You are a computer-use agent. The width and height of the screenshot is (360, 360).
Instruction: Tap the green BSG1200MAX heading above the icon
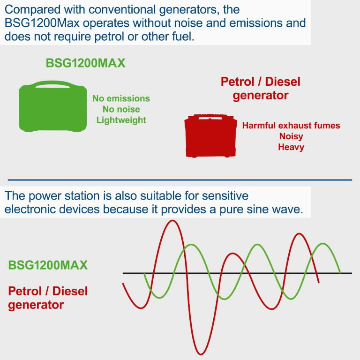[86, 63]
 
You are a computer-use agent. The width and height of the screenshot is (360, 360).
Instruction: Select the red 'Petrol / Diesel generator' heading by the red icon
[260, 89]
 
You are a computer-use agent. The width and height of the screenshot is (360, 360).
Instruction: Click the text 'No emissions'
[121, 98]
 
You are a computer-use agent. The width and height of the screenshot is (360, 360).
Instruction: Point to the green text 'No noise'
[121, 109]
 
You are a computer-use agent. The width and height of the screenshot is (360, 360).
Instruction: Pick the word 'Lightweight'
[121, 120]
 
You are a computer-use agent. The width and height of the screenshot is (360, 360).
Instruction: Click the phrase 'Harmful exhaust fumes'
[291, 126]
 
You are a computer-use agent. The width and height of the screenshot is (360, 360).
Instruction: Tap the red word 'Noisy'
[291, 136]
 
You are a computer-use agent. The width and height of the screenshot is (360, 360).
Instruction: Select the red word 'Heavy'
[291, 147]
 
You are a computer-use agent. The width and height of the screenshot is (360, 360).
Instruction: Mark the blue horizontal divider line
[180, 180]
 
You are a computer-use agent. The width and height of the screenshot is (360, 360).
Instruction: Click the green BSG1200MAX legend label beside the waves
[48, 265]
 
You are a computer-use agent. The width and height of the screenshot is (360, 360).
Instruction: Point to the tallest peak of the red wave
[173, 221]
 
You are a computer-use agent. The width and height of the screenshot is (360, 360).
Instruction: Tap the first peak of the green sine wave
[189, 245]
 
